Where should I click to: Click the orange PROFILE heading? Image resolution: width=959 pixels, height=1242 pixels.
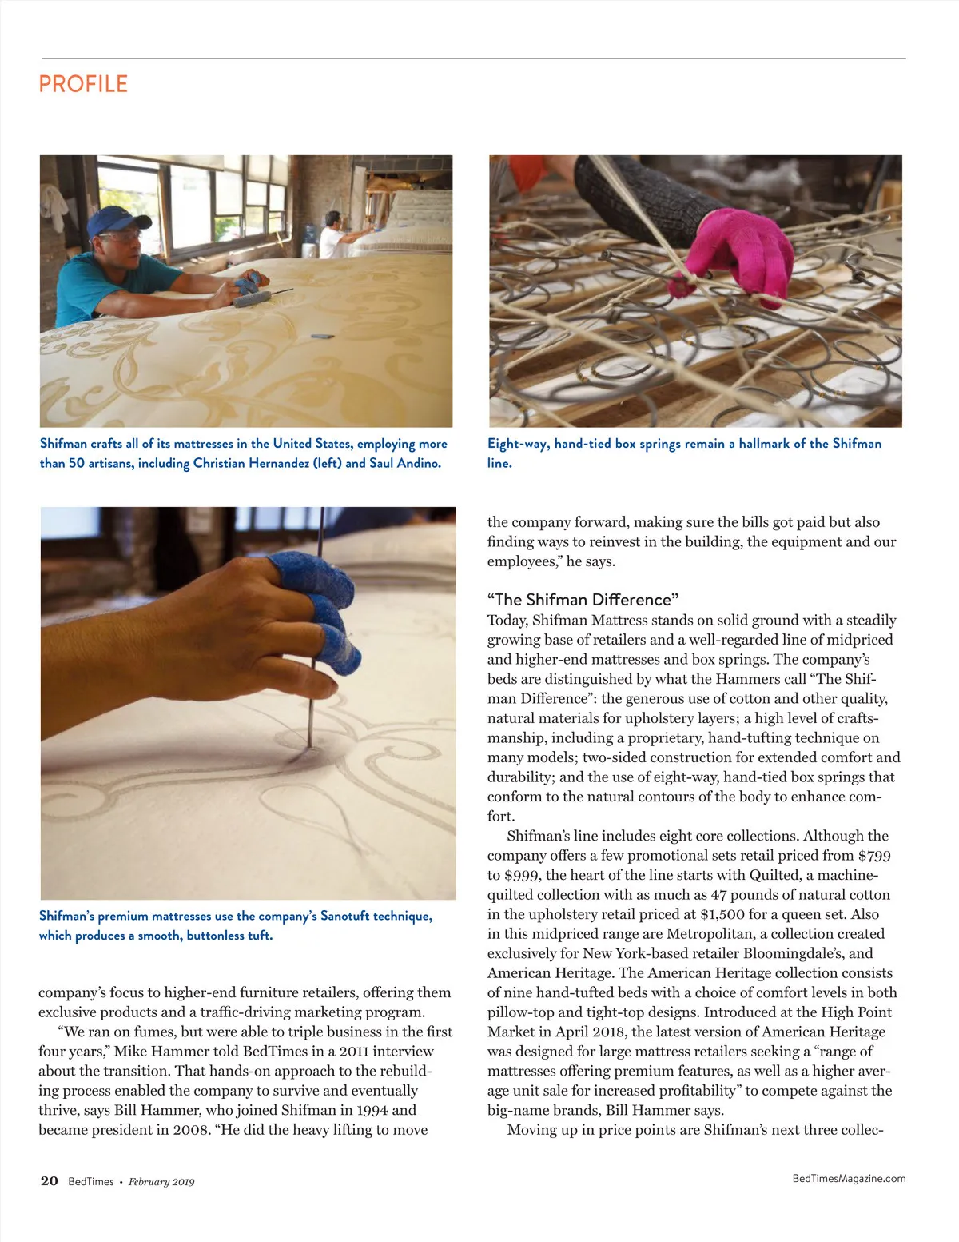tap(83, 84)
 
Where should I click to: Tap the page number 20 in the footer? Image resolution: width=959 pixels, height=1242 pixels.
tap(49, 1181)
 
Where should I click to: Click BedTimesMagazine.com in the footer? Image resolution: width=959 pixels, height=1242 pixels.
tap(849, 1178)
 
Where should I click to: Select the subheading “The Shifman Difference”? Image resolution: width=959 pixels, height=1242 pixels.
tap(583, 600)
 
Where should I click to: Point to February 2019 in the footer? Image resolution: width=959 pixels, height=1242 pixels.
tap(161, 1182)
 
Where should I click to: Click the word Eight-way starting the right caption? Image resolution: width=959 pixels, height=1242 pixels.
tap(518, 444)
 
